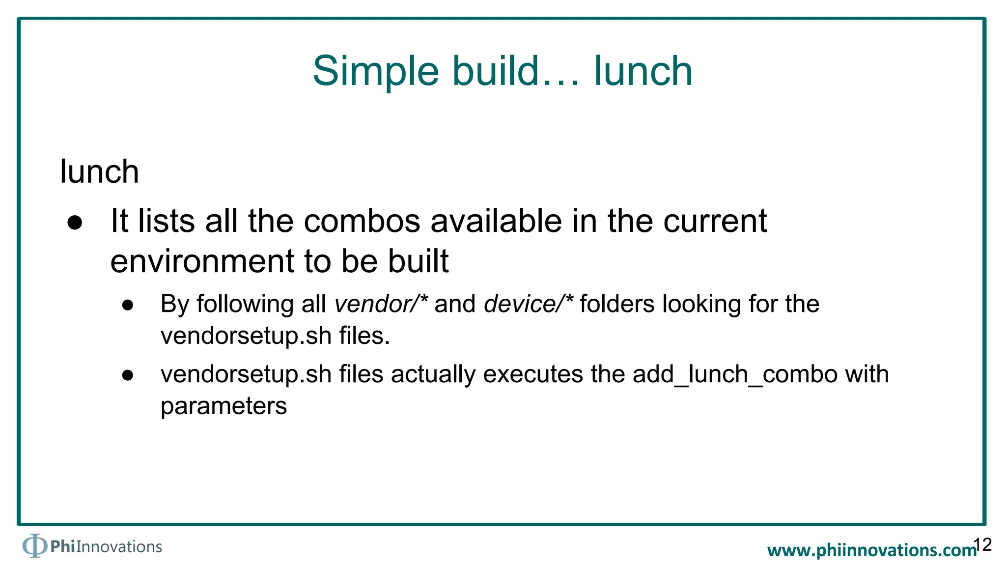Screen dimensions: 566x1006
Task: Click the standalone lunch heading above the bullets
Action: [99, 172]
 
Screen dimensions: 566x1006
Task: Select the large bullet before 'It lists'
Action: [75, 223]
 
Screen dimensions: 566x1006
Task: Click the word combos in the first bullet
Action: [362, 221]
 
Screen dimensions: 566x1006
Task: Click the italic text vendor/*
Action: [381, 304]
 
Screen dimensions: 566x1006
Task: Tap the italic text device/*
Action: [529, 304]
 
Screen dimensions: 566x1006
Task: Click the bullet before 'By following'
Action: [128, 305]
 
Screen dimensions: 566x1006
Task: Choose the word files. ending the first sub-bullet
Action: [364, 336]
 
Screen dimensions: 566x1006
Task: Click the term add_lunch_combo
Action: [734, 374]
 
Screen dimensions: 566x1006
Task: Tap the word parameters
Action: [224, 406]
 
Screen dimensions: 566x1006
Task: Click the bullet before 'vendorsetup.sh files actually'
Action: [128, 376]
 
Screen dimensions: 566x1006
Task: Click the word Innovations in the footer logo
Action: [119, 547]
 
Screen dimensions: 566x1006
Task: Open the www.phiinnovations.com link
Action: [870, 550]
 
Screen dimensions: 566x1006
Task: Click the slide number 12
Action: [982, 544]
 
